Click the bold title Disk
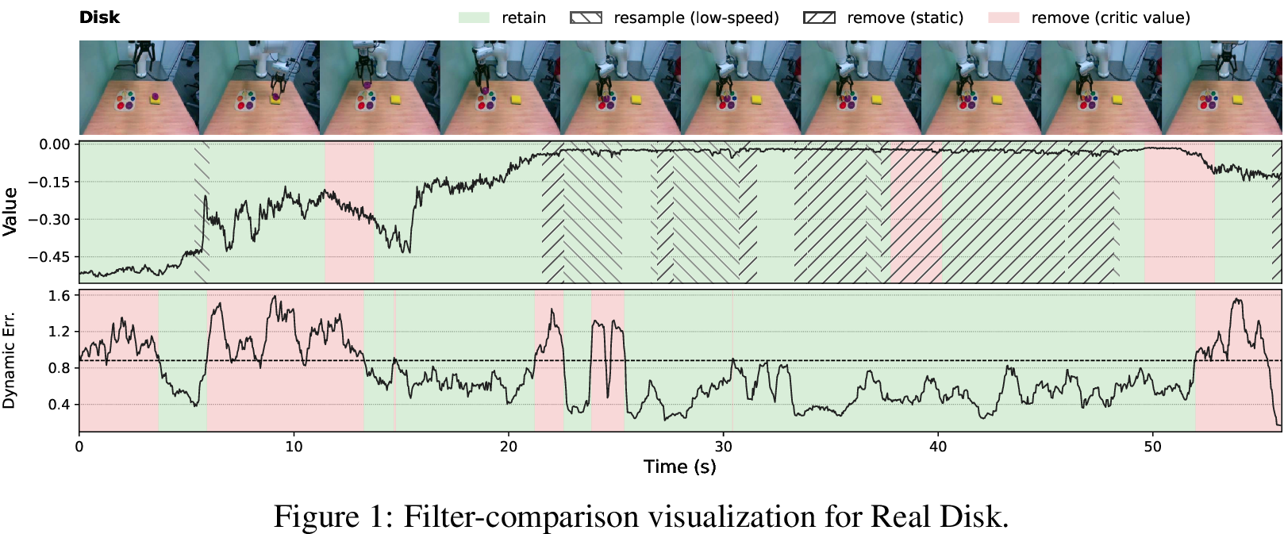(99, 17)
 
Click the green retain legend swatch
(474, 17)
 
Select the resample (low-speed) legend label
(697, 17)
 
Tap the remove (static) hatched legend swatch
(819, 17)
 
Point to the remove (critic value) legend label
(1111, 17)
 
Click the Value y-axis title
(10, 211)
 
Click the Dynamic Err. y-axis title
(9, 360)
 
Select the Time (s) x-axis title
(680, 467)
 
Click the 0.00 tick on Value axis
(55, 144)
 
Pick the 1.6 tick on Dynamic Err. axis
(60, 296)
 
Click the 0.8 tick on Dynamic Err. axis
(60, 368)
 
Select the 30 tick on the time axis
(724, 447)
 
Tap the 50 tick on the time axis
(1153, 447)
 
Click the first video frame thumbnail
(140, 87)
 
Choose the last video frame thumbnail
(1222, 87)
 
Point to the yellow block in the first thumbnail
(156, 100)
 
